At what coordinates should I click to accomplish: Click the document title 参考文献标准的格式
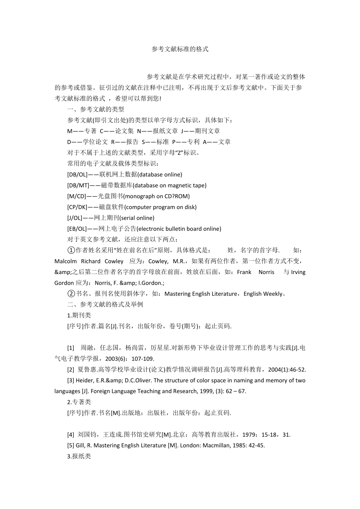(x=180, y=49)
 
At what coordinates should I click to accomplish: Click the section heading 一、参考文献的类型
(x=95, y=109)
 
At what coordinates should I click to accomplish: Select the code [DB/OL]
(x=77, y=174)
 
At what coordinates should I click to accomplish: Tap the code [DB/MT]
(x=77, y=185)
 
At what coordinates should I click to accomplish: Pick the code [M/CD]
(x=76, y=196)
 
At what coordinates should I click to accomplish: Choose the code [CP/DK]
(x=77, y=207)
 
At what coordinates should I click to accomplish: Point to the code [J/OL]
(x=74, y=218)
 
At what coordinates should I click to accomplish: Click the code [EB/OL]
(x=77, y=229)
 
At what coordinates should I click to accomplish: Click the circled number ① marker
(x=71, y=250)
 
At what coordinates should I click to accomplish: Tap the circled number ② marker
(x=71, y=293)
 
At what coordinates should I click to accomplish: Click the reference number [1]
(x=71, y=348)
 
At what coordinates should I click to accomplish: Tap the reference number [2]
(x=71, y=369)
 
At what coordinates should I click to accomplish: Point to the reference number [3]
(x=71, y=380)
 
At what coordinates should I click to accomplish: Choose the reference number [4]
(x=71, y=434)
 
